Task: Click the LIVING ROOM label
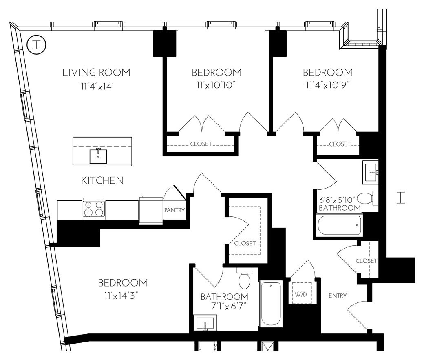click(97, 72)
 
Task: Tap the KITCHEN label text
click(102, 180)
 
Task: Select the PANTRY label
click(174, 210)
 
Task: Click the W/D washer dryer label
click(301, 294)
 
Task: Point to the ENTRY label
click(338, 296)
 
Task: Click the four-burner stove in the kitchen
click(93, 209)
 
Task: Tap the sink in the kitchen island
click(98, 156)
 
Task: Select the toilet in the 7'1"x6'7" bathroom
click(245, 278)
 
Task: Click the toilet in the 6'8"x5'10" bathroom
click(368, 198)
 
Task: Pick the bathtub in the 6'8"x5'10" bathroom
click(339, 225)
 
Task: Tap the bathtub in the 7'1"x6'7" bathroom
click(271, 304)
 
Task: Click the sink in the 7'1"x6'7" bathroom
click(205, 322)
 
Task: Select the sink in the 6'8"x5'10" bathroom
click(370, 172)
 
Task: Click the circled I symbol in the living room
click(37, 44)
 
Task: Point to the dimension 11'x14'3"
click(122, 296)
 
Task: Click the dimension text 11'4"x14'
click(97, 87)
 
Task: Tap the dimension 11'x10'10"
click(216, 86)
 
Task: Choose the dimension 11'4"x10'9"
click(328, 85)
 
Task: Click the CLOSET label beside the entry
click(366, 261)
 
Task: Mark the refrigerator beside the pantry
click(151, 211)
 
